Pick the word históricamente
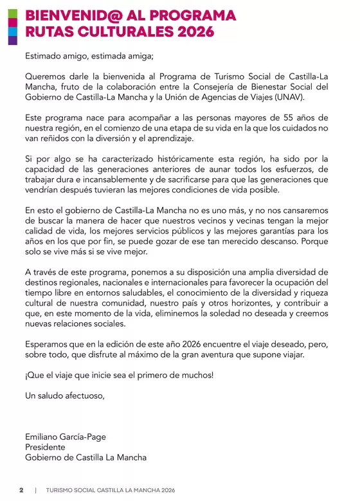click(x=194, y=158)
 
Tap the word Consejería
click(x=227, y=86)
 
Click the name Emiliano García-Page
click(x=66, y=437)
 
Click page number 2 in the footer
click(x=21, y=490)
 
